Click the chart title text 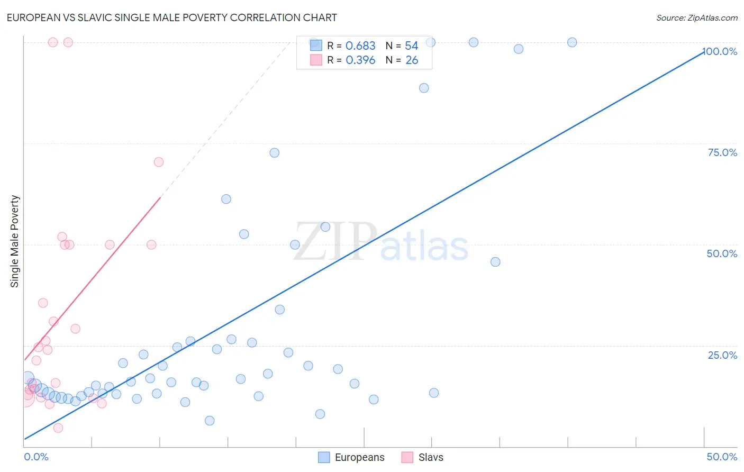pos(171,17)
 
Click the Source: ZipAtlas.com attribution pos(696,17)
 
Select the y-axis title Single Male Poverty pos(15,241)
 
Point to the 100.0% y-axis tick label pos(720,51)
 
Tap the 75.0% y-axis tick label pos(722,152)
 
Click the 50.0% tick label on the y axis pos(722,253)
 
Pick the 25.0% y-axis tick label pos(722,355)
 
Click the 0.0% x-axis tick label pos(36,457)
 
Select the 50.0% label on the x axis pos(722,457)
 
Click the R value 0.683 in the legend pos(360,46)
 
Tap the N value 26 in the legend pos(412,60)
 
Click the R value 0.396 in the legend pos(360,60)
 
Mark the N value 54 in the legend pos(412,46)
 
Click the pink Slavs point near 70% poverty pos(159,162)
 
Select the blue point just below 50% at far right pos(495,262)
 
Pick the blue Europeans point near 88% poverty pos(424,88)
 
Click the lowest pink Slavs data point pos(58,428)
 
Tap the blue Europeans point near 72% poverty pos(274,153)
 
